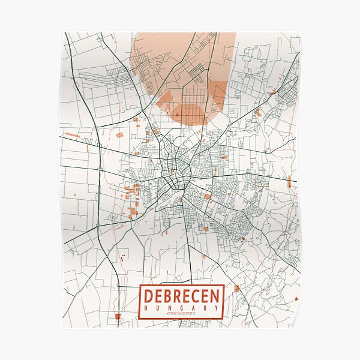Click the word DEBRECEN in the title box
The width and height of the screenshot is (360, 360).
point(181,296)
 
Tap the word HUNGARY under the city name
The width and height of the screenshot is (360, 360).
point(181,308)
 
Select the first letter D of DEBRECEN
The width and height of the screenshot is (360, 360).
point(148,296)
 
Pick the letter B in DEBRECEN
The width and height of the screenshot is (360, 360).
point(167,296)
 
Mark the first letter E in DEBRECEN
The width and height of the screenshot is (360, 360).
point(158,296)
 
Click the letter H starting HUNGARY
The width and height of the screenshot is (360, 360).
point(146,308)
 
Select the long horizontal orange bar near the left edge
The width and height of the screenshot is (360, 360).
point(72,135)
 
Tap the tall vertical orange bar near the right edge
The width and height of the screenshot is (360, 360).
point(289,182)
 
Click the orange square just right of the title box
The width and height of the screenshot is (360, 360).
point(236,289)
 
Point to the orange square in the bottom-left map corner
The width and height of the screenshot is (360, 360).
point(118,316)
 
